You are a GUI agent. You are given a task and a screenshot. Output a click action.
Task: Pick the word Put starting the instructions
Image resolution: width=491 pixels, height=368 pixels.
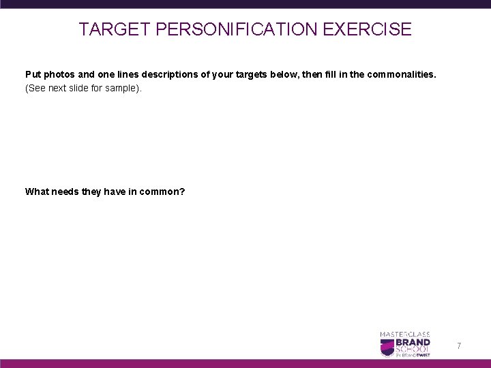(32, 74)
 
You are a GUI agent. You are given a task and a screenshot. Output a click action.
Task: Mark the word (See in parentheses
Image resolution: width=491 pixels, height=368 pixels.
(34, 89)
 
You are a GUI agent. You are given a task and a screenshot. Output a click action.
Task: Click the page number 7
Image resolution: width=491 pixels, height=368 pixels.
(459, 347)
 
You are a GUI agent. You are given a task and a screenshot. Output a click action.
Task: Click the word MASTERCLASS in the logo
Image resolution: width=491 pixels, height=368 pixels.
(405, 333)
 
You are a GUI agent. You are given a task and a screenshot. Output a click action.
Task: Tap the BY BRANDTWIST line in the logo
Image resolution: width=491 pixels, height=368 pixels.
(413, 354)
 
